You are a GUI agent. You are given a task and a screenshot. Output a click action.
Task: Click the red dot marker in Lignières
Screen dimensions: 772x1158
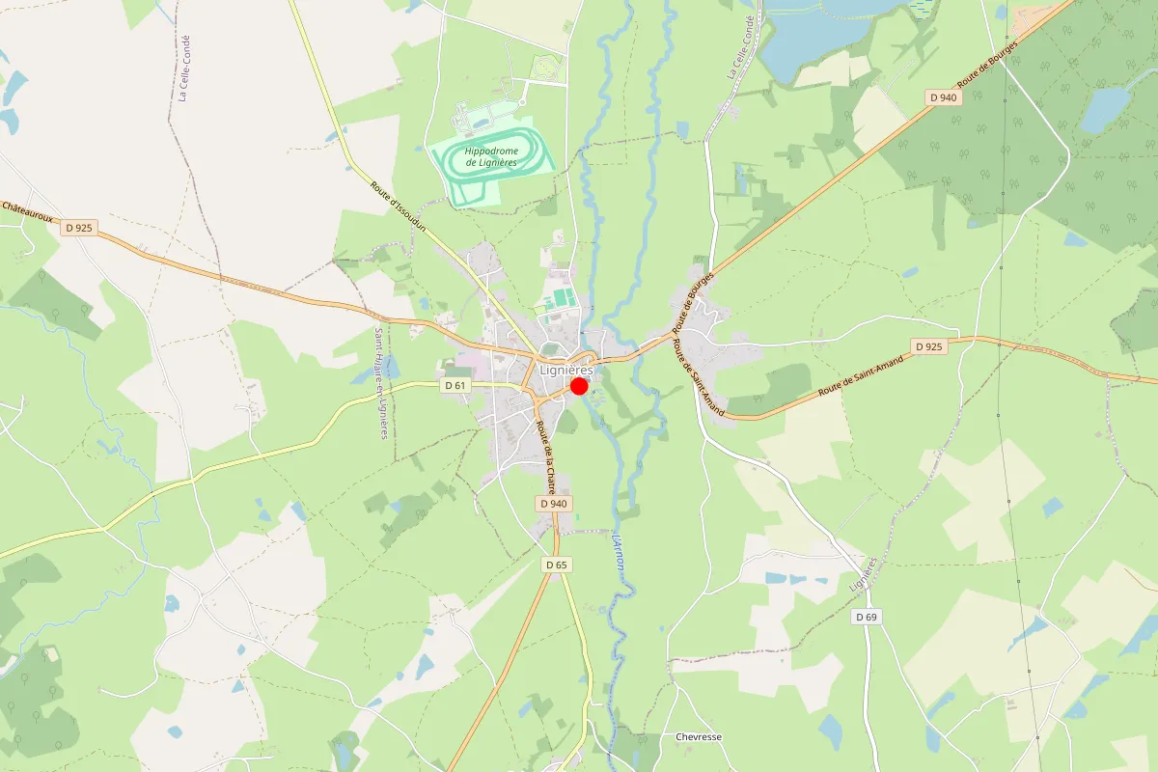tap(579, 386)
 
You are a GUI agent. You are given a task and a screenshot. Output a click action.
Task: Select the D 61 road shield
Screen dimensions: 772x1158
tap(455, 385)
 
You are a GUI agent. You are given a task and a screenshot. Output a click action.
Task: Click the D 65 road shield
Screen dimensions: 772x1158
tap(556, 565)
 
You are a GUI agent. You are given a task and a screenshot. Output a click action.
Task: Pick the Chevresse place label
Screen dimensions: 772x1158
tap(699, 737)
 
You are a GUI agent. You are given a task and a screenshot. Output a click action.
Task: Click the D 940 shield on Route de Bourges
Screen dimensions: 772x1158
tap(943, 96)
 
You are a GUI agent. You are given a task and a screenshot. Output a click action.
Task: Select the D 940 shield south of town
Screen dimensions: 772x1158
tap(554, 504)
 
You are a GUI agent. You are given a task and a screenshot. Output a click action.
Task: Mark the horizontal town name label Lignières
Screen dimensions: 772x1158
tap(566, 370)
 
